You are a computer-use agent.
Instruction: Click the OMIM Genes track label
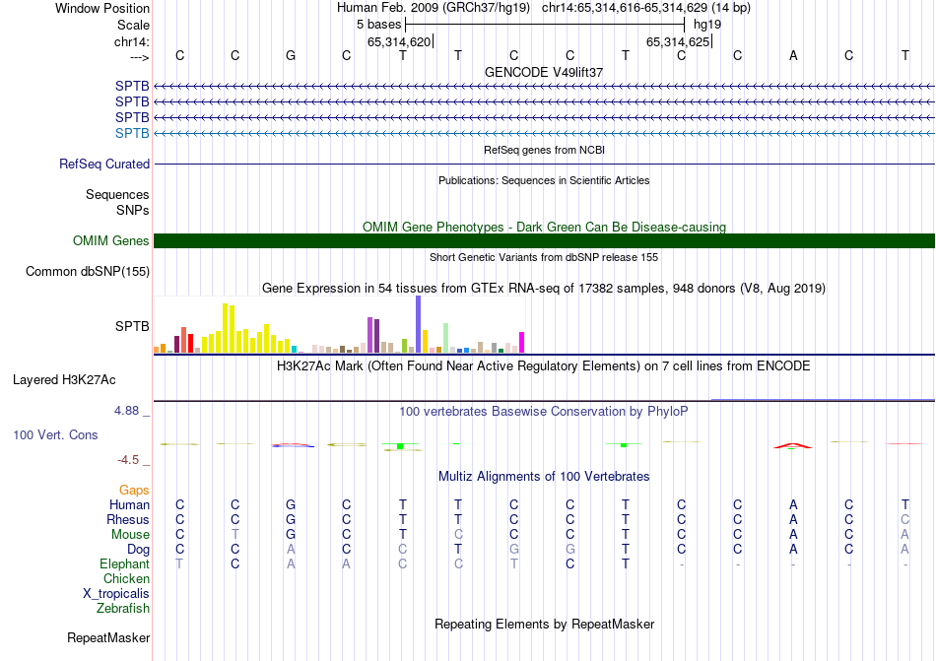[x=111, y=241]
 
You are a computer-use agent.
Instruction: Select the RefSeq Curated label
[x=104, y=165]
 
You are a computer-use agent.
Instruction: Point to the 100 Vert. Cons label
[x=55, y=434]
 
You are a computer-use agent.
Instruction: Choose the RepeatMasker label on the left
[x=108, y=638]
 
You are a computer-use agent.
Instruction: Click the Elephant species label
[x=124, y=564]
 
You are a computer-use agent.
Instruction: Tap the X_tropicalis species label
[x=116, y=594]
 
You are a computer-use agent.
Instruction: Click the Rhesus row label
[x=128, y=520]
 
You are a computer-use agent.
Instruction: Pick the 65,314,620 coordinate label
[x=399, y=42]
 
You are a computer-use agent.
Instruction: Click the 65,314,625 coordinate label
[x=677, y=42]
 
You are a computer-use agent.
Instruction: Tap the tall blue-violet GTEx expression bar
[x=418, y=324]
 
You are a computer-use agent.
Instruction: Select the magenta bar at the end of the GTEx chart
[x=521, y=342]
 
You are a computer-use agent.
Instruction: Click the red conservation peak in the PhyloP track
[x=793, y=444]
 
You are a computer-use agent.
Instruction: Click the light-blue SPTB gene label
[x=132, y=133]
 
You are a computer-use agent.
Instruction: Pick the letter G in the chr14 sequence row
[x=291, y=55]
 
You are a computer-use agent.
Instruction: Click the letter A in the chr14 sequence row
[x=793, y=55]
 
